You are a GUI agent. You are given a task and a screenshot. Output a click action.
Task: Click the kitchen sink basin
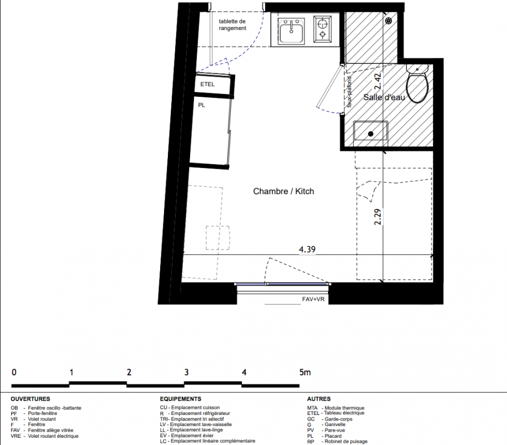[x=291, y=31]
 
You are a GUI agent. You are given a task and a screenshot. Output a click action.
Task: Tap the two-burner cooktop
[x=322, y=29]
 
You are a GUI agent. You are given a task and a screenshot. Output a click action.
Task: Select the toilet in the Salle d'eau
[x=417, y=84]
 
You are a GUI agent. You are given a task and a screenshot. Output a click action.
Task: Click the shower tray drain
[x=371, y=133]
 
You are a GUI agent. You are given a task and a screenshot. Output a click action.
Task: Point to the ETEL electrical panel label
[x=207, y=84]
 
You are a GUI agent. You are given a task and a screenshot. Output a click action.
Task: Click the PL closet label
[x=201, y=105]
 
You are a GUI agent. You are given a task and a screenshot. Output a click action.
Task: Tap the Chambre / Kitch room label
[x=284, y=191]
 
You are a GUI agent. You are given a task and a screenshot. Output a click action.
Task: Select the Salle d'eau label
[x=384, y=97]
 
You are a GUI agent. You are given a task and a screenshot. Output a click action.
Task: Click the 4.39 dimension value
[x=307, y=249]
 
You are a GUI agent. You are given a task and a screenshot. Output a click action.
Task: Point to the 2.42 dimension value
[x=377, y=82]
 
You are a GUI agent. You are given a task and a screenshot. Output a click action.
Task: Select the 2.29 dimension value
[x=377, y=217]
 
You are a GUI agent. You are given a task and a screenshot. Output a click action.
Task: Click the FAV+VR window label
[x=313, y=299]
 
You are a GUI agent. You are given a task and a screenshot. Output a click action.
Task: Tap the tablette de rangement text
[x=232, y=24]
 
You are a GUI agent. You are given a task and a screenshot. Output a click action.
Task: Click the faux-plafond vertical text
[x=349, y=92]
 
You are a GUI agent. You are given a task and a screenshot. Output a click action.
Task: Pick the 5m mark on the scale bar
[x=305, y=373]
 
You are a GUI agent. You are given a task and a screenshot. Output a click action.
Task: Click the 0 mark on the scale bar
[x=14, y=373]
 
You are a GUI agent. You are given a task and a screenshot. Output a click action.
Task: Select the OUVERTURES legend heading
[x=31, y=399]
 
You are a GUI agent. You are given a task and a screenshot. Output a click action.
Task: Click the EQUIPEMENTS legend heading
[x=181, y=399]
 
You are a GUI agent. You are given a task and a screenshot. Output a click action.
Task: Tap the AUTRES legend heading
[x=319, y=399]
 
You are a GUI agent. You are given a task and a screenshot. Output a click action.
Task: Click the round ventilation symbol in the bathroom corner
[x=389, y=21]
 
